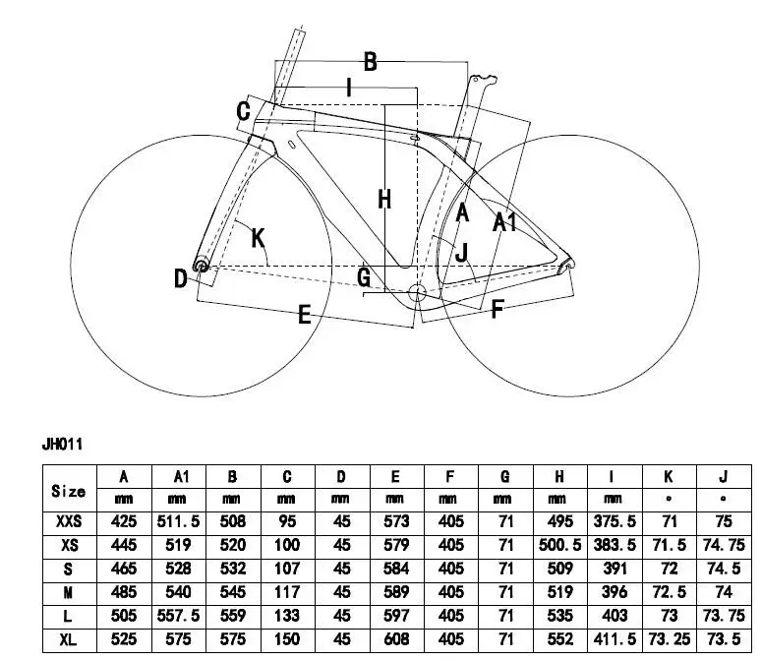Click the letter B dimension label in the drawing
point(370,62)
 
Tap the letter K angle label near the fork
point(258,237)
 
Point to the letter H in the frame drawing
point(384,199)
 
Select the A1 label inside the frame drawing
point(504,222)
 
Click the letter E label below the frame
point(304,315)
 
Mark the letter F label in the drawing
point(497,309)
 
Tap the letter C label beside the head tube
point(243,111)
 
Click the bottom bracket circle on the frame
point(415,292)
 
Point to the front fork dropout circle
point(201,265)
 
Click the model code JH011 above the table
point(61,445)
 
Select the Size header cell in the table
point(68,490)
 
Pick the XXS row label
point(68,521)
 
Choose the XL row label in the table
point(68,639)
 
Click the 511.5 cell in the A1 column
point(179,521)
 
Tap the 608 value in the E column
point(395,639)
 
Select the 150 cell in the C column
point(287,639)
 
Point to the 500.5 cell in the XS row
point(558,545)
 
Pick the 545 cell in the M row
point(233,592)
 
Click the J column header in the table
point(723,477)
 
